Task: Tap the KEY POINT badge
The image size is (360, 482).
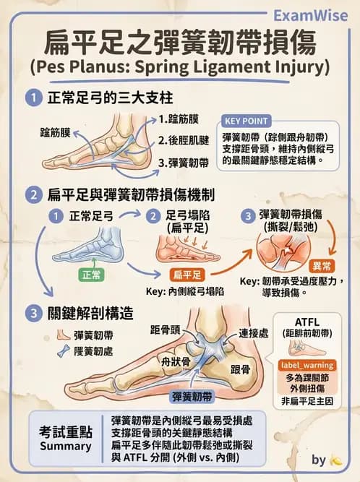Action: pyautogui.click(x=247, y=121)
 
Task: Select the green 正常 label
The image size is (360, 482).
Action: pyautogui.click(x=92, y=275)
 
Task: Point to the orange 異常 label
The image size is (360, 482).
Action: pyautogui.click(x=320, y=266)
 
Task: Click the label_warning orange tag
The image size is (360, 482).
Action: pyautogui.click(x=309, y=366)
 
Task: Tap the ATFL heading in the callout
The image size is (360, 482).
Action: pyautogui.click(x=309, y=322)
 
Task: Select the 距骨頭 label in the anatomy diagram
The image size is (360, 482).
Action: pyautogui.click(x=166, y=329)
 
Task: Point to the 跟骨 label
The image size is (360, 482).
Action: pyautogui.click(x=240, y=369)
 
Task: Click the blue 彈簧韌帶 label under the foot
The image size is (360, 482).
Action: pyautogui.click(x=192, y=397)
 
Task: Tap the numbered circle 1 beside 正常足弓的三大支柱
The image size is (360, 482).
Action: pyautogui.click(x=32, y=98)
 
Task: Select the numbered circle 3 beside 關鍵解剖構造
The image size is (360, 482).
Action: pyautogui.click(x=32, y=313)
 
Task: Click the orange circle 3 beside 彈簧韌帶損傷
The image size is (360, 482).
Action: pyautogui.click(x=247, y=215)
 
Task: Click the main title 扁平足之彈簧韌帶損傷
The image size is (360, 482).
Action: pyautogui.click(x=179, y=43)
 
